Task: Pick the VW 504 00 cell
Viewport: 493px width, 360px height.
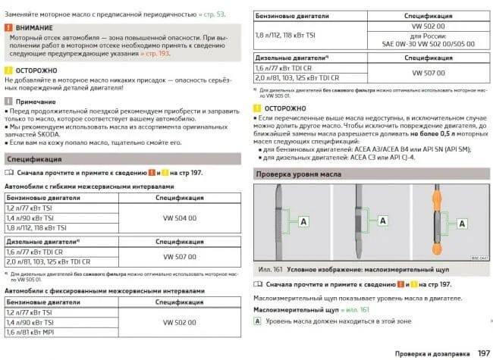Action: [181, 218]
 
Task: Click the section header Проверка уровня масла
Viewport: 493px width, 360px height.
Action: [298, 174]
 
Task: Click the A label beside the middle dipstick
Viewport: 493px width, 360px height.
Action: [382, 221]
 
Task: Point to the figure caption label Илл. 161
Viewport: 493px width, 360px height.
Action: [270, 270]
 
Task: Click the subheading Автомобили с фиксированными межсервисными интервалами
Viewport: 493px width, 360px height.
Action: [105, 290]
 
